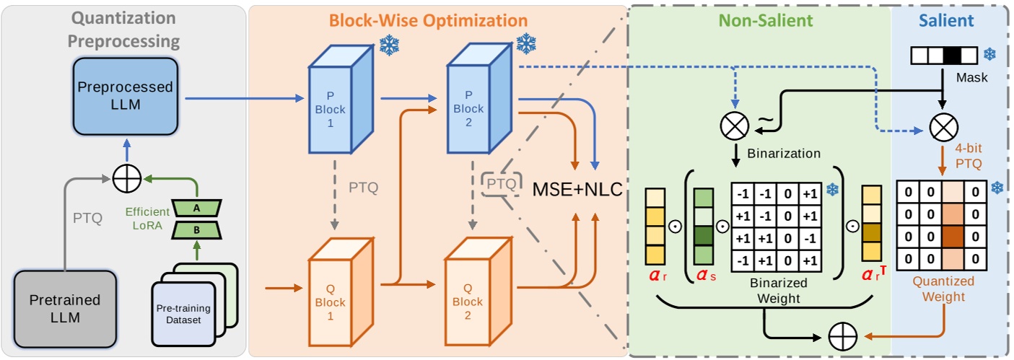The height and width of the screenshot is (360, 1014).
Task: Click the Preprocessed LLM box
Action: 125,97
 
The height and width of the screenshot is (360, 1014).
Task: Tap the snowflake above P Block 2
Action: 526,44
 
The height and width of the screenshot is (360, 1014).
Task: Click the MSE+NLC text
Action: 577,192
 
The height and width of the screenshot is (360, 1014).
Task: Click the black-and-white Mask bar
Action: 943,55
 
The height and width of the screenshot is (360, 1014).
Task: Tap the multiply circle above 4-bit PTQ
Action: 943,128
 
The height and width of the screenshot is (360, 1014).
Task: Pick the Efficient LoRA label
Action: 149,217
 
